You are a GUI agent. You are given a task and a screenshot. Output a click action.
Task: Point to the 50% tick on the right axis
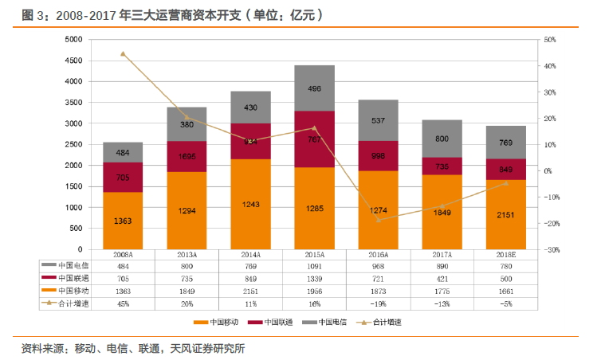pyautogui.click(x=549, y=40)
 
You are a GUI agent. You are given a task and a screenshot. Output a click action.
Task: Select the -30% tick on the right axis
pyautogui.click(x=549, y=250)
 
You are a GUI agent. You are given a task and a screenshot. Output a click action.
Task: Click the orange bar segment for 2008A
pyautogui.click(x=123, y=221)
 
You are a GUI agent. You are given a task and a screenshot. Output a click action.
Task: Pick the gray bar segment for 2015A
pyautogui.click(x=314, y=88)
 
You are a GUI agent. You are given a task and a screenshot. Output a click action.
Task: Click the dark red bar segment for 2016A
pyautogui.click(x=378, y=156)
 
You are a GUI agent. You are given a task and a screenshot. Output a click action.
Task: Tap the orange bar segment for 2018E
pyautogui.click(x=505, y=214)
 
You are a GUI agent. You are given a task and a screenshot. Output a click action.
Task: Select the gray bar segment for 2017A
pyautogui.click(x=442, y=139)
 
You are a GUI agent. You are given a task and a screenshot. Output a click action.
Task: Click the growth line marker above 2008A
pyautogui.click(x=123, y=53)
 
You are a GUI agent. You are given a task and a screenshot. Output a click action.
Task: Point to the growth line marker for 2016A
pyautogui.click(x=378, y=220)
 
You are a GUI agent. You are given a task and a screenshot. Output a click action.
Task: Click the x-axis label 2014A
pyautogui.click(x=250, y=255)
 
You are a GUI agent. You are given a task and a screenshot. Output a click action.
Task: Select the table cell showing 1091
pyautogui.click(x=314, y=265)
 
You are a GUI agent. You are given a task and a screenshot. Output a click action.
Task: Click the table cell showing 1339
pyautogui.click(x=314, y=278)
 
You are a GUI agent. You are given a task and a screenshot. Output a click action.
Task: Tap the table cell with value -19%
pyautogui.click(x=378, y=303)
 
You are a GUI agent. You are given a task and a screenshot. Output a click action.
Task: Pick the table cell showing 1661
pyautogui.click(x=505, y=291)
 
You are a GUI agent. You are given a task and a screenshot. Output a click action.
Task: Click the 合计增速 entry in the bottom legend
pyautogui.click(x=386, y=323)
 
